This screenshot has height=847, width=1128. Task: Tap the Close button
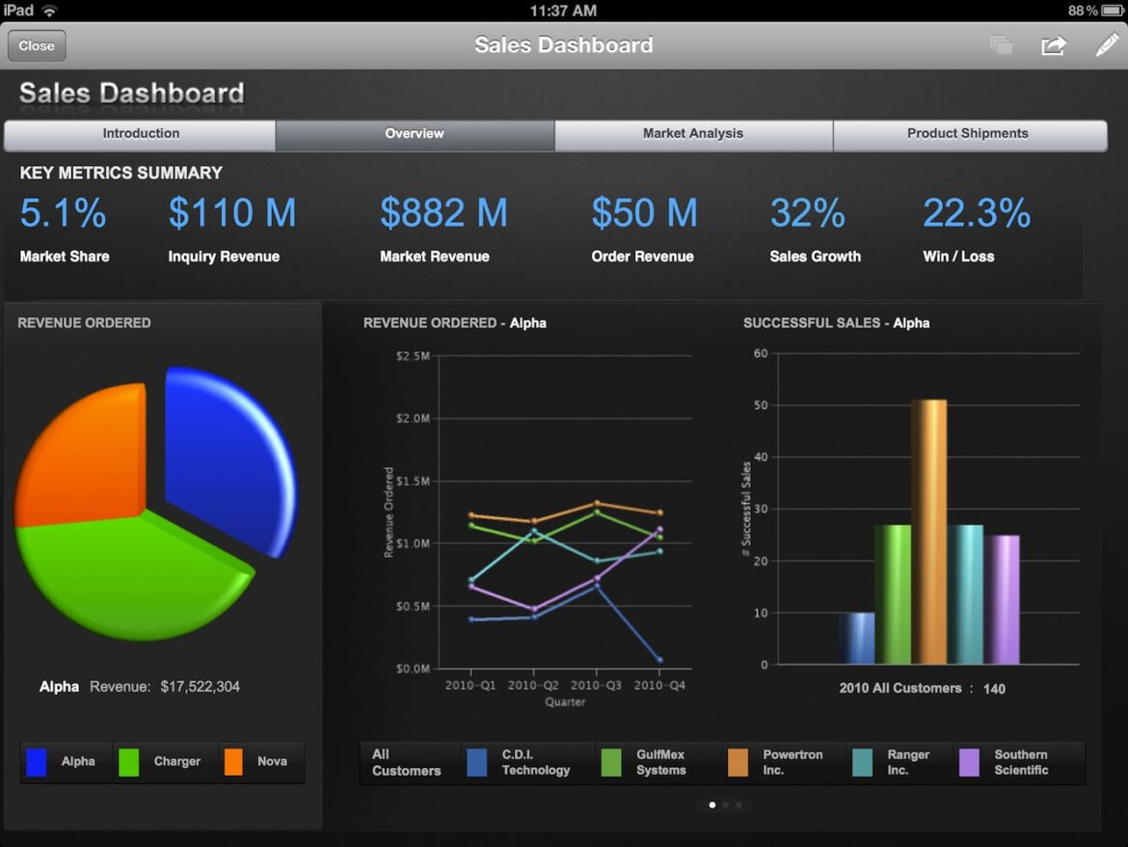[x=37, y=45]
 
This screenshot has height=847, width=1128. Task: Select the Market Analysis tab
[x=693, y=134]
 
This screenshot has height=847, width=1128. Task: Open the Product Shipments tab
[x=967, y=134]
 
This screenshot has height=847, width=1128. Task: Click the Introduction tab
[x=141, y=134]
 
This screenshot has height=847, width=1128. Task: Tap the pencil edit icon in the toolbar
[x=1106, y=45]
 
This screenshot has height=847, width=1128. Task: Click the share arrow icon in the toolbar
[x=1054, y=45]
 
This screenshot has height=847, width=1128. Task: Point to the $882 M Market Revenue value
[x=443, y=213]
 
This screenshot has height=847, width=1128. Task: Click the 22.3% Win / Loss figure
[x=976, y=213]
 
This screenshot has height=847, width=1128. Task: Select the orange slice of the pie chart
[x=82, y=453]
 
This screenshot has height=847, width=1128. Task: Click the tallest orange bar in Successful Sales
[x=928, y=531]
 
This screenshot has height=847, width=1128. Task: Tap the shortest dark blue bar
[x=856, y=639]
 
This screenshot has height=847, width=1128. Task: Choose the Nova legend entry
[x=260, y=762]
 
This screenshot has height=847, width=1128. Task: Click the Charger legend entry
[x=165, y=762]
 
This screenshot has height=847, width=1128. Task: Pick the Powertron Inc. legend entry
[x=781, y=762]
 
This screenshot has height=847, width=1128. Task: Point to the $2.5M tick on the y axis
[x=412, y=356]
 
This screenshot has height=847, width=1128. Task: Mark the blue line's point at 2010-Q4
[x=659, y=660]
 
